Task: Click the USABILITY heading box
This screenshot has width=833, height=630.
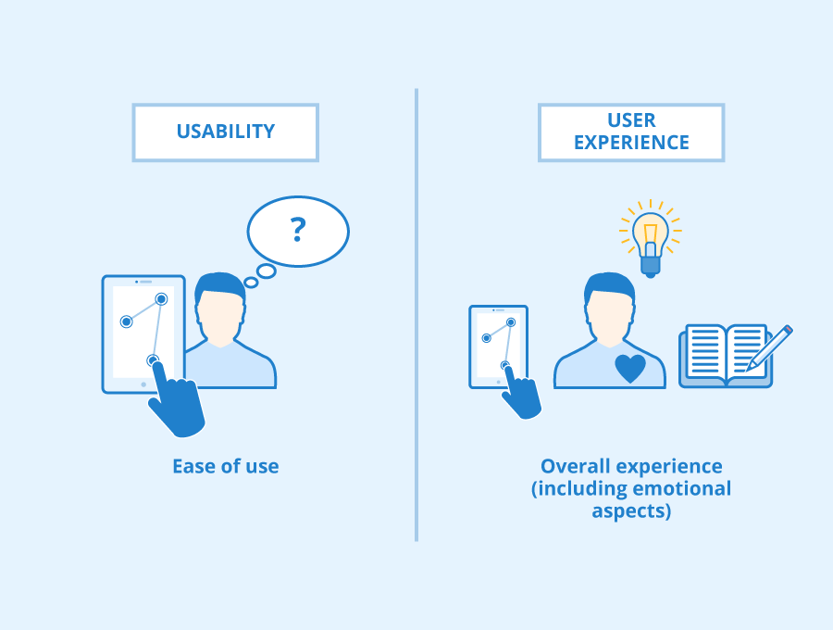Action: pos(225,132)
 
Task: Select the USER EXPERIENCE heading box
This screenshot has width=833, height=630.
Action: pos(631,132)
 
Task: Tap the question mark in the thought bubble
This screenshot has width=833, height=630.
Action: pos(297,228)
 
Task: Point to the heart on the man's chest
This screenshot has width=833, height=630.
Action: pos(630,368)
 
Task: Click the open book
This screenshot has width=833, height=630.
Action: pos(725,355)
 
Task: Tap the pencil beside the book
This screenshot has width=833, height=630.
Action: pos(770,347)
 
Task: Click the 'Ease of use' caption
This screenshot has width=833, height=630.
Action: pos(225,466)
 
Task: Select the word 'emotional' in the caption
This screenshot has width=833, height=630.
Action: pos(681,488)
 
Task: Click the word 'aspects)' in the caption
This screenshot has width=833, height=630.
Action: pos(631,510)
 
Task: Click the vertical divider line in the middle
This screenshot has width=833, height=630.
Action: pos(416,315)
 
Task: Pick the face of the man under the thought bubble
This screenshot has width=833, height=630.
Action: pos(220,315)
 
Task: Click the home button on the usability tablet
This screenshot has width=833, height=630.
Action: pos(143,384)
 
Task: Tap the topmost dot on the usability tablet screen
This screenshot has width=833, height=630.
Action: pos(161,298)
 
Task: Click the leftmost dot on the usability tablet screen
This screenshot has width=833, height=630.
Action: pos(126,321)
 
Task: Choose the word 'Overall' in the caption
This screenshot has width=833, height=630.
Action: pos(572,466)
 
